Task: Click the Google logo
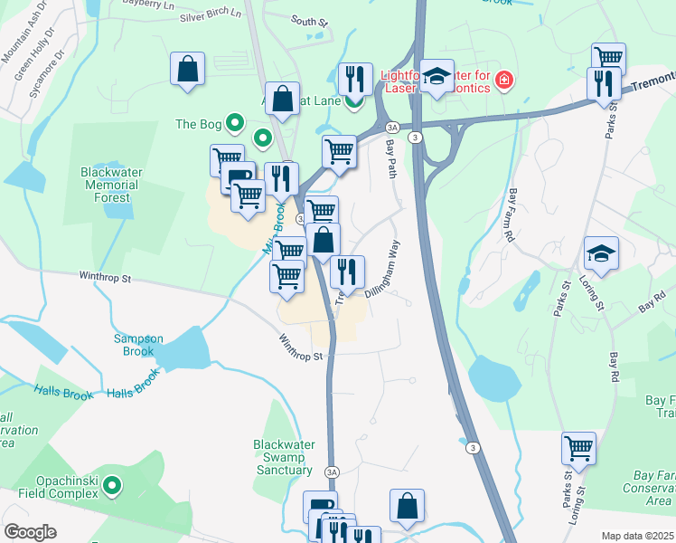point(30,532)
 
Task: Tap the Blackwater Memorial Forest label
point(117,184)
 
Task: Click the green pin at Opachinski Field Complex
point(112,487)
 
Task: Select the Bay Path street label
point(391,158)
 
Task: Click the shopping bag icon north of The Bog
point(187,68)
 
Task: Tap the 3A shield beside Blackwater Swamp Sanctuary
point(332,471)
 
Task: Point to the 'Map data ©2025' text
point(637,536)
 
